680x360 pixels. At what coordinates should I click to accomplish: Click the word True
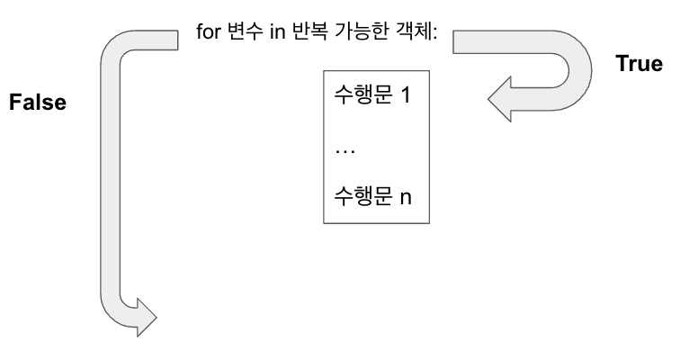(639, 64)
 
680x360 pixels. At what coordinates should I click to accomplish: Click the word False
(38, 103)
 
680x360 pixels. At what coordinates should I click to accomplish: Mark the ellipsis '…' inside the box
(343, 148)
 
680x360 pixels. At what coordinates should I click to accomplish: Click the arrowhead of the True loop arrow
(503, 97)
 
